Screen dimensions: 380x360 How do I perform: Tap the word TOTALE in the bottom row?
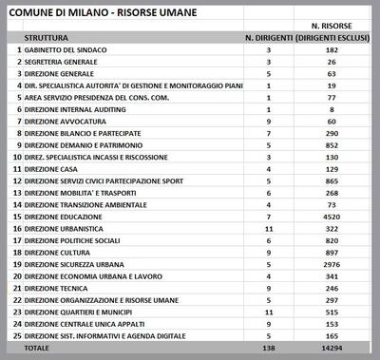(x=38, y=349)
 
